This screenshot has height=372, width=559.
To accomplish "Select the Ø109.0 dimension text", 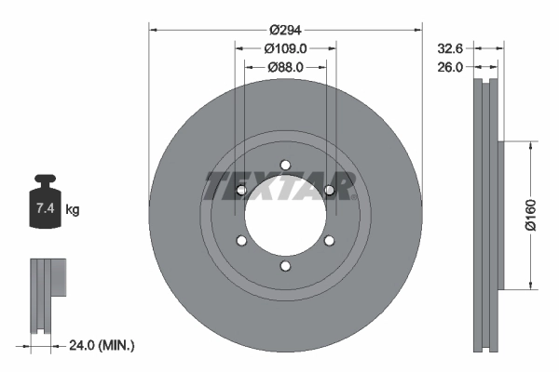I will point(285,47).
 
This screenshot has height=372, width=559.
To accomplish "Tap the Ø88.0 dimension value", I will point(285,66).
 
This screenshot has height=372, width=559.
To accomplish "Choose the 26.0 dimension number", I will point(451,66).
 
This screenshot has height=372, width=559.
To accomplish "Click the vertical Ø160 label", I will point(529,215).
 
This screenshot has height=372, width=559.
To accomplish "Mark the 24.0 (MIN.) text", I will point(102,345).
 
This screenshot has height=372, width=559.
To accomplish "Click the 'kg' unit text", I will point(73,209).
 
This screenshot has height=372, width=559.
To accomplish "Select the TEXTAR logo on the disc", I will point(279,186).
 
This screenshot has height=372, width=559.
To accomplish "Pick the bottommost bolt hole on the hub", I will point(285,268).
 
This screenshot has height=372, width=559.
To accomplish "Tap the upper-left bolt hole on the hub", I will point(241,191).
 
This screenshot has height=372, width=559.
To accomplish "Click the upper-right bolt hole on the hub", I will point(329,191).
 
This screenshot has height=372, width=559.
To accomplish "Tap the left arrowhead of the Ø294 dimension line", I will point(155,31).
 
